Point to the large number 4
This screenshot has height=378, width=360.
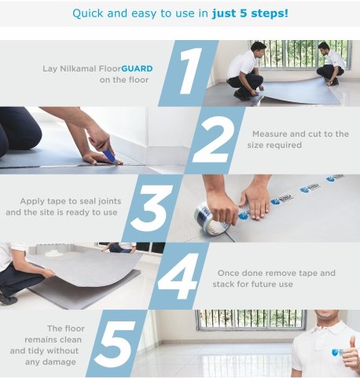tap(178, 276)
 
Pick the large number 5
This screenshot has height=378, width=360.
tap(116, 343)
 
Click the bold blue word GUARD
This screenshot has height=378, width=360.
tap(137, 68)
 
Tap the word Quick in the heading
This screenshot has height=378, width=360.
tap(88, 13)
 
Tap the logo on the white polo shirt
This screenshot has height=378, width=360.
tap(336, 352)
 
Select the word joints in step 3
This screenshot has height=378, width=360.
tap(109, 201)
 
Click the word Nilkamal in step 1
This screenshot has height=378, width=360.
tap(79, 68)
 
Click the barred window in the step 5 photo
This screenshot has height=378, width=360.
tap(251, 320)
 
